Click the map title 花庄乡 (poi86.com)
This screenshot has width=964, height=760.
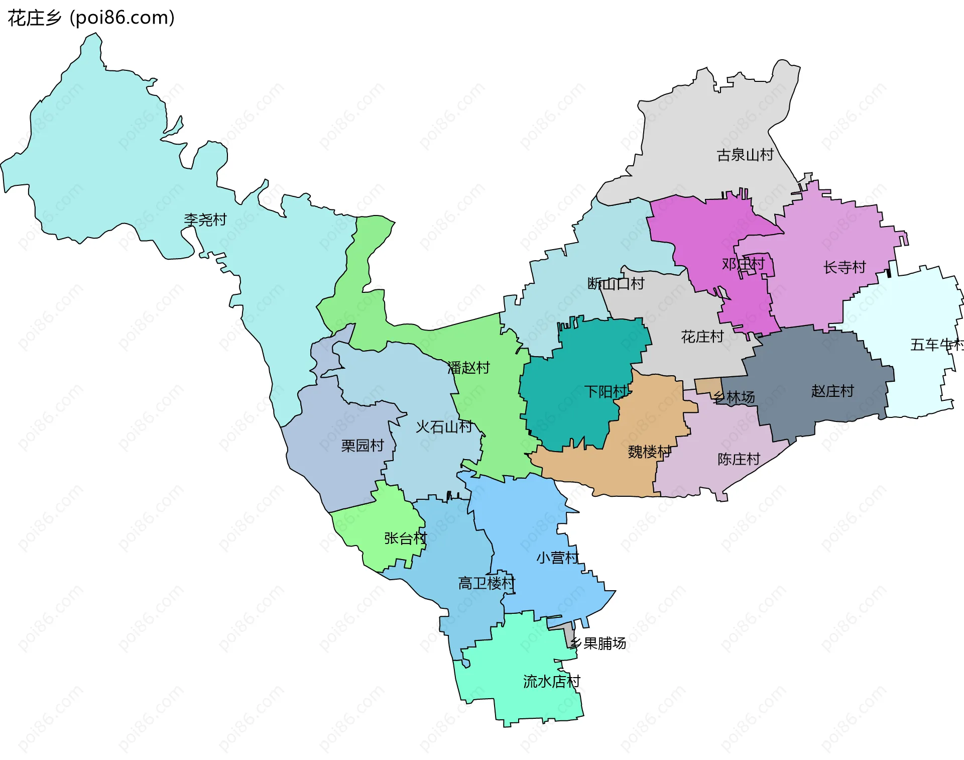coord(91,18)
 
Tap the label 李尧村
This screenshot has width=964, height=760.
coord(205,220)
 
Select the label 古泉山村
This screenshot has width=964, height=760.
coord(745,155)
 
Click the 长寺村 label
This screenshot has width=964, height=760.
coord(845,267)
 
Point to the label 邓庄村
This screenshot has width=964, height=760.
coord(743,264)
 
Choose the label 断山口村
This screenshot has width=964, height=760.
coord(616,283)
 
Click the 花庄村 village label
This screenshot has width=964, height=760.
coord(702,337)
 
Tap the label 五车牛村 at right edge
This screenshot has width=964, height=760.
coord(936,345)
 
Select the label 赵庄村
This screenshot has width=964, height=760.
coord(832,391)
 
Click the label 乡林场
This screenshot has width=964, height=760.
coord(734,397)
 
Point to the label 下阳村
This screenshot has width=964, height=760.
coord(606,391)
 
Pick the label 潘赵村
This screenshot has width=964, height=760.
coord(468,368)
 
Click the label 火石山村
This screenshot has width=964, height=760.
coord(444,427)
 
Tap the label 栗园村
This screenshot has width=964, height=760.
coord(362,446)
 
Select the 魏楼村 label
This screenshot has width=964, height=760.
coord(649,452)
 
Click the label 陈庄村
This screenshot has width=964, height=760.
coord(739,459)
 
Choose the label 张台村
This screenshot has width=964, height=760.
coord(405,538)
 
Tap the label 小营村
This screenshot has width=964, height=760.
coord(557,558)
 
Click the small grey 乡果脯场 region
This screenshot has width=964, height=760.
coord(568,633)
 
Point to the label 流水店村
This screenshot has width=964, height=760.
coord(551,682)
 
